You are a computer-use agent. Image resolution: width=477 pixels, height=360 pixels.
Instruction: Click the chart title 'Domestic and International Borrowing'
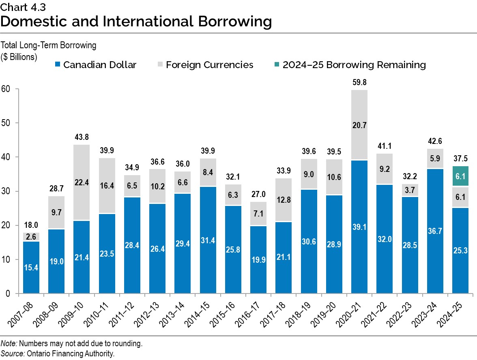[136, 21]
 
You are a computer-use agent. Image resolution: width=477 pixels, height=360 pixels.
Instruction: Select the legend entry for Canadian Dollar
[96, 65]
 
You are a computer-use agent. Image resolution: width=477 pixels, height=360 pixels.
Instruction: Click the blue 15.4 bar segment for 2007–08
[31, 267]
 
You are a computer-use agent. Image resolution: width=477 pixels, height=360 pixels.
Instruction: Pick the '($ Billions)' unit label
[19, 57]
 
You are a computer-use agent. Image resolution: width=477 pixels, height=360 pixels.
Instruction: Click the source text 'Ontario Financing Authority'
[71, 354]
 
